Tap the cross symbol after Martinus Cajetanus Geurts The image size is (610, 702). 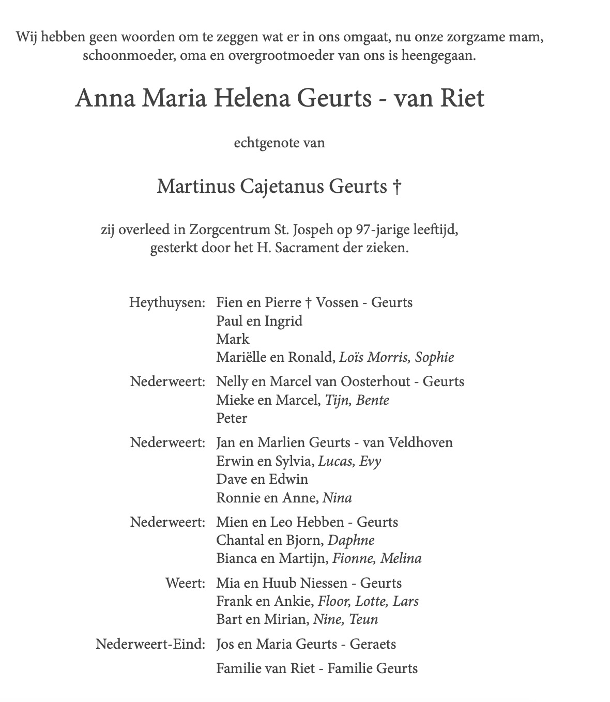tap(396, 187)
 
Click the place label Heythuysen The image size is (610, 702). tap(167, 302)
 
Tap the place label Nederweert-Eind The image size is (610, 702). tap(150, 644)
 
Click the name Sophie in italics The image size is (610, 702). tap(434, 357)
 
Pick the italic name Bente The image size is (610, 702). tap(372, 400)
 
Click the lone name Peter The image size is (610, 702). tap(232, 418)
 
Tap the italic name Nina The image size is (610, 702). tap(337, 498)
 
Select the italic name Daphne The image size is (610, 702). tap(351, 540)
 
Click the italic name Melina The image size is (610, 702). tap(401, 558)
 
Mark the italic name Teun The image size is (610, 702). tap(363, 619)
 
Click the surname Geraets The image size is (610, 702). tap(373, 644)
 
